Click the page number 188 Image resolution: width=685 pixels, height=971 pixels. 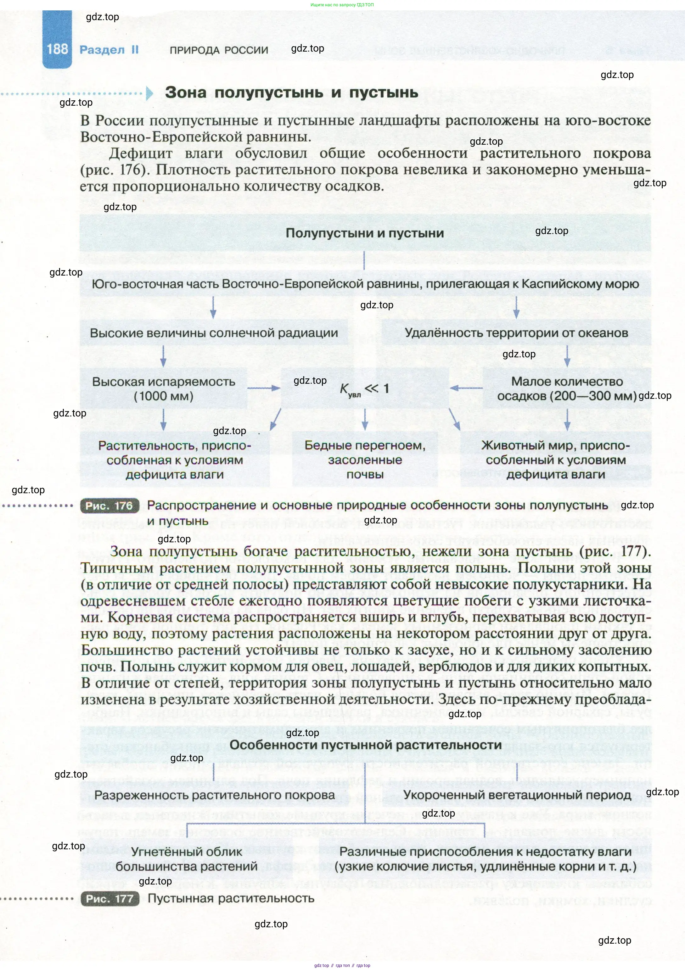57,49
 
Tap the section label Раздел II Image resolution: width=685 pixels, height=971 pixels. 109,50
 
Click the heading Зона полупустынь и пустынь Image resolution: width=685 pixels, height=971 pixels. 291,92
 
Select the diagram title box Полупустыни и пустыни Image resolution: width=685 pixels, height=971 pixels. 365,233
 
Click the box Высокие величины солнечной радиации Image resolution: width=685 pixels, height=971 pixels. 214,333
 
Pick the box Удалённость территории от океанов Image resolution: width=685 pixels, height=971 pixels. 516,333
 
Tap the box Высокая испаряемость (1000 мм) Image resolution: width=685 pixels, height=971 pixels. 163,388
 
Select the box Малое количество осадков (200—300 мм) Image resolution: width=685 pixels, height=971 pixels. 567,388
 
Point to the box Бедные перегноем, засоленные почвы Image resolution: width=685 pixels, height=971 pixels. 365,460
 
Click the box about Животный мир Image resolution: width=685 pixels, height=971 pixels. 556,460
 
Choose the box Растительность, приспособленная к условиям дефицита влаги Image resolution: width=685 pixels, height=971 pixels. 174,460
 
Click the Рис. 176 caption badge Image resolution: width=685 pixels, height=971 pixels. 109,506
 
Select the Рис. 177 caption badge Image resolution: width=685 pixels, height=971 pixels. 109,899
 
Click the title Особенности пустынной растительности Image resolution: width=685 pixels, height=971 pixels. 365,745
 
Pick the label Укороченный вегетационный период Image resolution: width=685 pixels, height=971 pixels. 517,795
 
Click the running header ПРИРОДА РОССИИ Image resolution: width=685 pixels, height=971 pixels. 219,50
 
